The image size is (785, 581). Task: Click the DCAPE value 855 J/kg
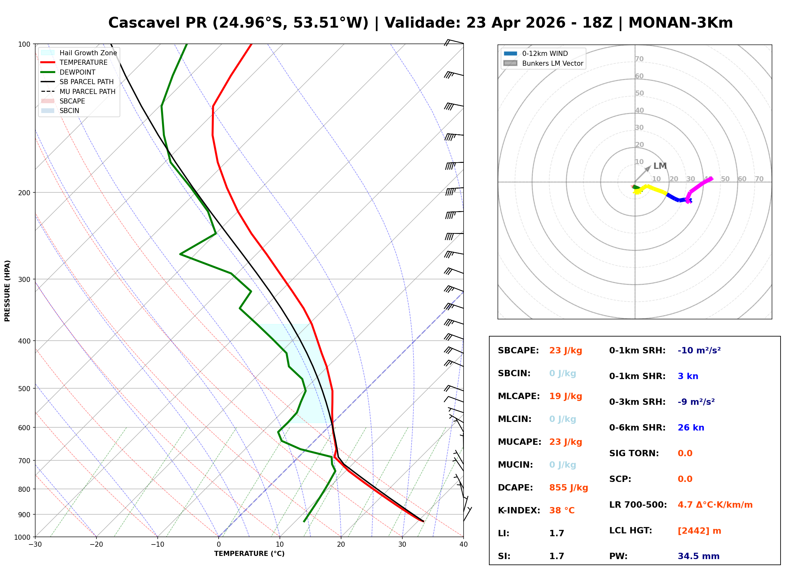point(568,487)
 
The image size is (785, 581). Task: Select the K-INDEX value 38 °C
point(562,510)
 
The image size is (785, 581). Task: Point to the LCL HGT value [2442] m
point(699,531)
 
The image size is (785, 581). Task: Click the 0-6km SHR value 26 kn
point(690,428)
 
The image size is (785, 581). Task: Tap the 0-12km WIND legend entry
point(545,53)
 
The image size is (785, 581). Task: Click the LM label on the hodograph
point(660,166)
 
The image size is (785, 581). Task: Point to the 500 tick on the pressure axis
point(24,389)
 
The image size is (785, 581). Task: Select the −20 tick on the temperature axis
point(96,544)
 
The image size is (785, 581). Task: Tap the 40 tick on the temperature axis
point(463,544)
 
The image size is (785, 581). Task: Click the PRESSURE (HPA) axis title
point(7,291)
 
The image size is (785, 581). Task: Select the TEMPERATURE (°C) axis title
point(249,554)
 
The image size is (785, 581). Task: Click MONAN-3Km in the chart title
point(680,23)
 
